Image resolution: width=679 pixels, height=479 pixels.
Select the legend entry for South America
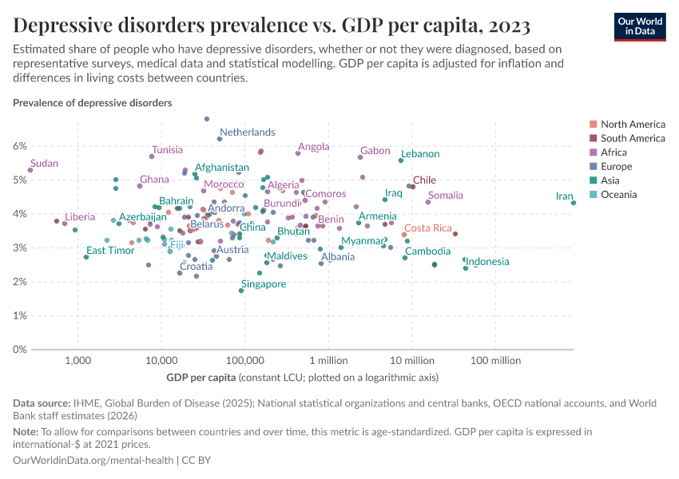(633, 138)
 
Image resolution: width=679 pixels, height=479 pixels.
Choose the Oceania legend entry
(618, 195)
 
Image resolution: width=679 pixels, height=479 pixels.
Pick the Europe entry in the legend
(616, 167)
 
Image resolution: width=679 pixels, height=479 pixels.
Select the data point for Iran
(574, 203)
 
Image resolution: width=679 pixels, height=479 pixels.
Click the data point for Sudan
(30, 169)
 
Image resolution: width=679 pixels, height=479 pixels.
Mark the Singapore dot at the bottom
(241, 291)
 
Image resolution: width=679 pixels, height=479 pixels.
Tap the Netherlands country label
(247, 132)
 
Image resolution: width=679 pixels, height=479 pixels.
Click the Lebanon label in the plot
(420, 153)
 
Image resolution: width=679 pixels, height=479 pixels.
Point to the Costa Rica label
(427, 228)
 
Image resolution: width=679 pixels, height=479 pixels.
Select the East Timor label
(110, 251)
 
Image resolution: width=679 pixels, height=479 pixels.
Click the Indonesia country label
(487, 262)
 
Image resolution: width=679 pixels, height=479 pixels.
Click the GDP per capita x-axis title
(201, 377)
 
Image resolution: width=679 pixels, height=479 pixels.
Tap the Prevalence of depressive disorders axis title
(92, 103)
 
